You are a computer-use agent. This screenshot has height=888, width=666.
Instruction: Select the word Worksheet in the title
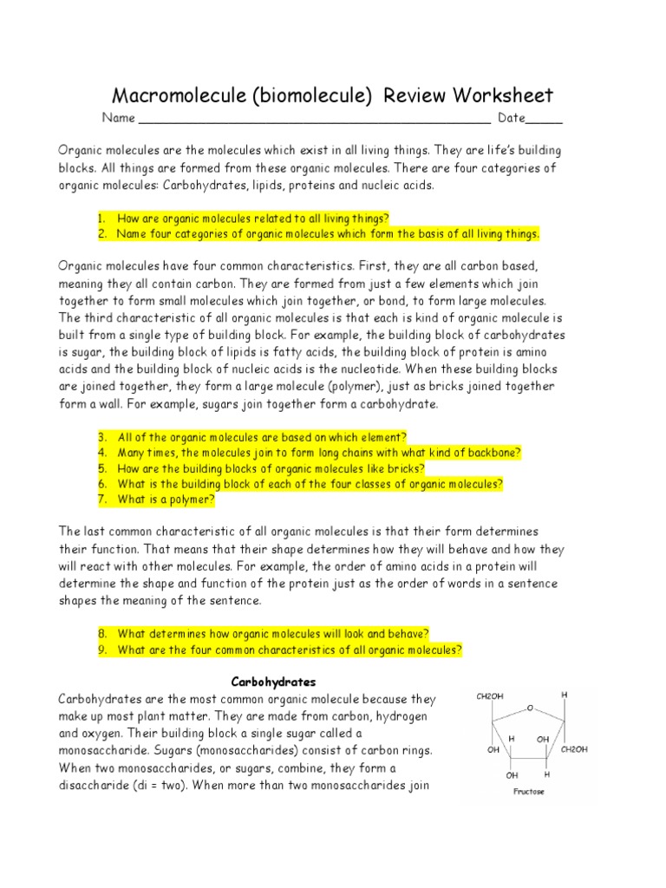pos(499,96)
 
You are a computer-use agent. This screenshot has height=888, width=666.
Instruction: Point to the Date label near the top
pos(511,118)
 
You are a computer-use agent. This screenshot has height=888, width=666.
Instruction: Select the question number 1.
pos(101,219)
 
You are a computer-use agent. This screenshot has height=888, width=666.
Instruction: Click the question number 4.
pos(101,453)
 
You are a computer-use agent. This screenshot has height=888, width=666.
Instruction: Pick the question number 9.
pos(101,650)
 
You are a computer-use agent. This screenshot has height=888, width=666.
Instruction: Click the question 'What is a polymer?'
pos(166,499)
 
